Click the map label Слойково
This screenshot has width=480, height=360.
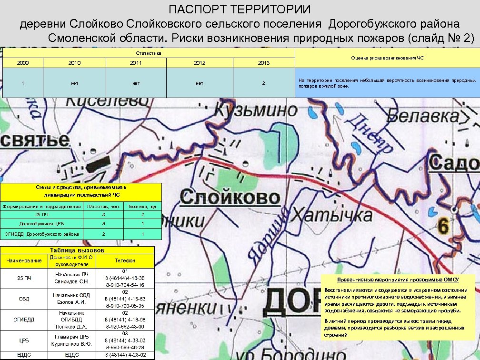[x=230, y=197]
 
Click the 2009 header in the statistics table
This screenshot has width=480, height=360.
[x=22, y=63]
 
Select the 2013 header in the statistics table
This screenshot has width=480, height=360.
[x=263, y=63]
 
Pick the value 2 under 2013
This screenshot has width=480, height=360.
[x=263, y=83]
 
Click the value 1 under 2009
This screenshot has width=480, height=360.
[x=22, y=83]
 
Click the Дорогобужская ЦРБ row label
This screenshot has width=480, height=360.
[x=41, y=224]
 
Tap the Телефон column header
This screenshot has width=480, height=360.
[x=125, y=260]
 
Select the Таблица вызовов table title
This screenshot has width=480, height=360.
[x=77, y=250]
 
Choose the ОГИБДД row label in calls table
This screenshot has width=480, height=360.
[x=24, y=320]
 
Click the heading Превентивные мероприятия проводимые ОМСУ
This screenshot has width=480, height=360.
[x=397, y=280]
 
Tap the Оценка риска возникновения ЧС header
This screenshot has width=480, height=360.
[x=387, y=58]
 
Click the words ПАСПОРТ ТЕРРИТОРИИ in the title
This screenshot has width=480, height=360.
[x=240, y=10]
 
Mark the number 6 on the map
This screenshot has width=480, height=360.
[x=443, y=227]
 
